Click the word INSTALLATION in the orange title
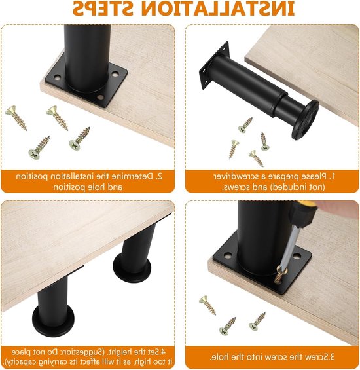[x=218, y=9]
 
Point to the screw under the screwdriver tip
[x=280, y=274]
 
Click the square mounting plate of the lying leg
[x=214, y=65]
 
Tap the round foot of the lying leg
[x=305, y=119]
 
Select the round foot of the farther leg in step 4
[x=132, y=267]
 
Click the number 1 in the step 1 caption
[x=333, y=176]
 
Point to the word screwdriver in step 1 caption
[x=239, y=177]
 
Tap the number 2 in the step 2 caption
[x=160, y=176]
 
